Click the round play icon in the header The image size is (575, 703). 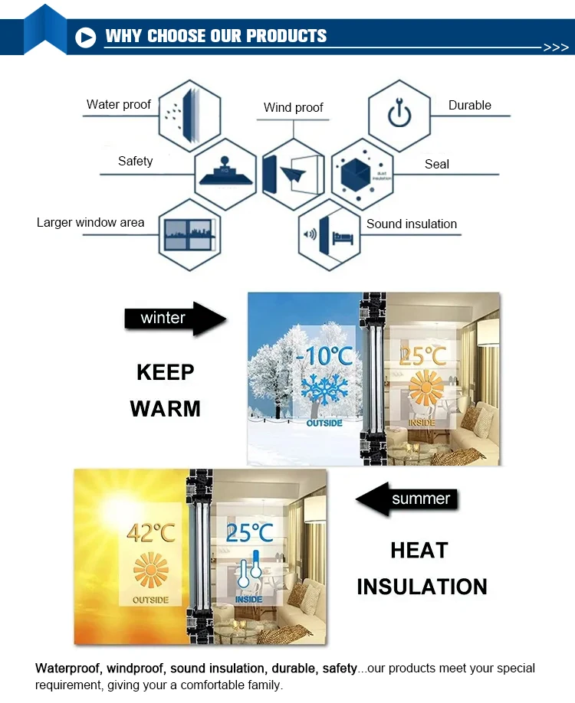(86, 36)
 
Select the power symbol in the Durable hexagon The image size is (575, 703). (399, 114)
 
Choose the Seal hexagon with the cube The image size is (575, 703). (362, 174)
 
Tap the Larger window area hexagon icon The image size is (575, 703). (189, 233)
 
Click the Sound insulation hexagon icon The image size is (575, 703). (329, 233)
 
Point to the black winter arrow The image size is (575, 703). (176, 318)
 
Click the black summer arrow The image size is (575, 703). (407, 500)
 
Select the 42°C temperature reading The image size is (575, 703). (151, 533)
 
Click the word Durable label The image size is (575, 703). (469, 106)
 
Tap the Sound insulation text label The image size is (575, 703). (411, 224)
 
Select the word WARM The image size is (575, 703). (166, 408)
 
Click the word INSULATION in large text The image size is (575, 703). (422, 587)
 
